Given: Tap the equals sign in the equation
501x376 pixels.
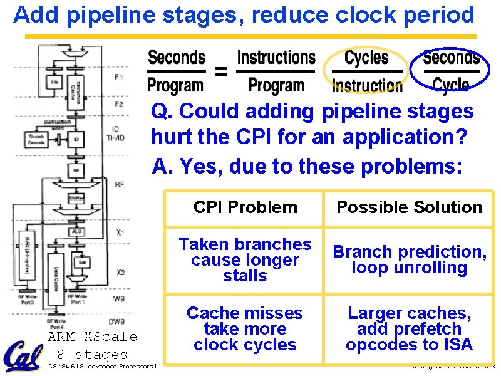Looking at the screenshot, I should click(x=221, y=72).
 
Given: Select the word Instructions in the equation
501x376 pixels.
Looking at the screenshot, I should click(x=276, y=58).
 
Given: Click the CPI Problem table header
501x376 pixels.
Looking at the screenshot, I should click(x=245, y=207).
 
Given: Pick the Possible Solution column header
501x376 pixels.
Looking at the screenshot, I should click(x=409, y=207).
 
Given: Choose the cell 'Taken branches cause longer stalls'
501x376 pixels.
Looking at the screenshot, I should click(x=245, y=259).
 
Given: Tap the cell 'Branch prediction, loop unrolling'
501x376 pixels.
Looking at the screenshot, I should click(x=409, y=259).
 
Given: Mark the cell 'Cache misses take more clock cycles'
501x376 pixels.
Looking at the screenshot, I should click(x=245, y=328).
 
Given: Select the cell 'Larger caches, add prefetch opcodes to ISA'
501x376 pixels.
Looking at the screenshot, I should click(x=409, y=328).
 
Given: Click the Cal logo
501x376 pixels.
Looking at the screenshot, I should click(x=24, y=356).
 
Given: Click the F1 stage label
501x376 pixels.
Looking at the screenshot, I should click(x=119, y=77).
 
